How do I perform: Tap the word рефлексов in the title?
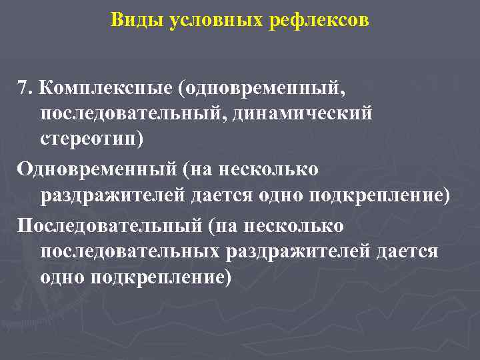pos(318,20)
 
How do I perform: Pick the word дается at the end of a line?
pos(407,251)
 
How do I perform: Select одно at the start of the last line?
pos(61,277)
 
